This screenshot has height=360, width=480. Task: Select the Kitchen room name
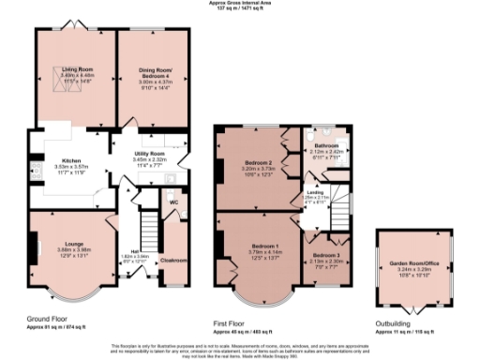click(x=74, y=160)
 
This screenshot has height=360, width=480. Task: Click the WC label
click(x=174, y=201)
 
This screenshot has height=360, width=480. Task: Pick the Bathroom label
click(x=326, y=146)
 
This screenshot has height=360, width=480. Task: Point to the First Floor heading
click(x=234, y=324)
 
